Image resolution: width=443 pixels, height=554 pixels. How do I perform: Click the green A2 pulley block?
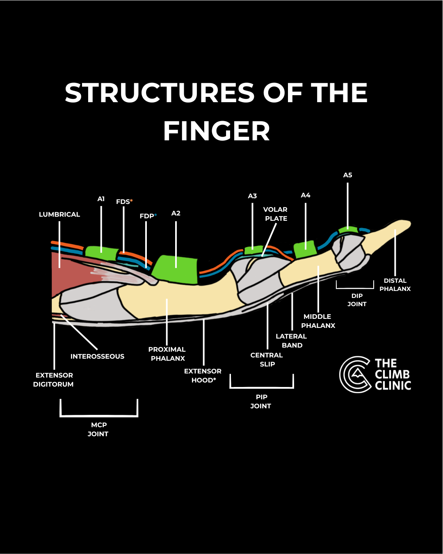click(x=175, y=270)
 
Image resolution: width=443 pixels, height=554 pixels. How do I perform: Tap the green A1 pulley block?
click(x=102, y=252)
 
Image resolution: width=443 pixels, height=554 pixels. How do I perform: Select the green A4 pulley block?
click(x=305, y=249)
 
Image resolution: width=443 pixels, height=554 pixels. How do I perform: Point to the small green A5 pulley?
click(x=348, y=230)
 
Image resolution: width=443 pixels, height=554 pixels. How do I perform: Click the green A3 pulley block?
click(x=253, y=250)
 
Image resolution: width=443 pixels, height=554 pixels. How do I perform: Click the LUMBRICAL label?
click(x=59, y=215)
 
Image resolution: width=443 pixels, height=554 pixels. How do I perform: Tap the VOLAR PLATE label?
click(x=275, y=214)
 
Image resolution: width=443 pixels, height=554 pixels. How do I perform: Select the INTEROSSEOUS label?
click(x=97, y=356)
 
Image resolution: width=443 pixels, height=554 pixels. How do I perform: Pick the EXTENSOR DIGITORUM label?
click(x=54, y=380)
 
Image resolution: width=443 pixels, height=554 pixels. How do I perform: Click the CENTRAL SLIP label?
click(x=267, y=359)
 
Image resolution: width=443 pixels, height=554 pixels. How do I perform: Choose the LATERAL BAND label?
click(x=291, y=341)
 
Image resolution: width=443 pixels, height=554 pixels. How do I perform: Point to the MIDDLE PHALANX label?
click(x=318, y=321)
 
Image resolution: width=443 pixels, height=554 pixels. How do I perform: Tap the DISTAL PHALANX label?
click(x=395, y=285)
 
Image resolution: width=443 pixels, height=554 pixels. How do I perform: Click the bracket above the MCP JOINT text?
click(x=99, y=415)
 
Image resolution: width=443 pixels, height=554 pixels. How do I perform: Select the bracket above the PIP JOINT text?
click(x=262, y=387)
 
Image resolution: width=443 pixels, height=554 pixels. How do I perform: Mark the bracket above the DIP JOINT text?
click(x=355, y=288)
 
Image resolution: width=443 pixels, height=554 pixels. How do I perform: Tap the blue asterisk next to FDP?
click(x=155, y=215)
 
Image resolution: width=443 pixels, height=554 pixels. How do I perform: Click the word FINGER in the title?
click(x=217, y=131)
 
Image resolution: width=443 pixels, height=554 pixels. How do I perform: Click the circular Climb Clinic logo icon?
click(x=355, y=375)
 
